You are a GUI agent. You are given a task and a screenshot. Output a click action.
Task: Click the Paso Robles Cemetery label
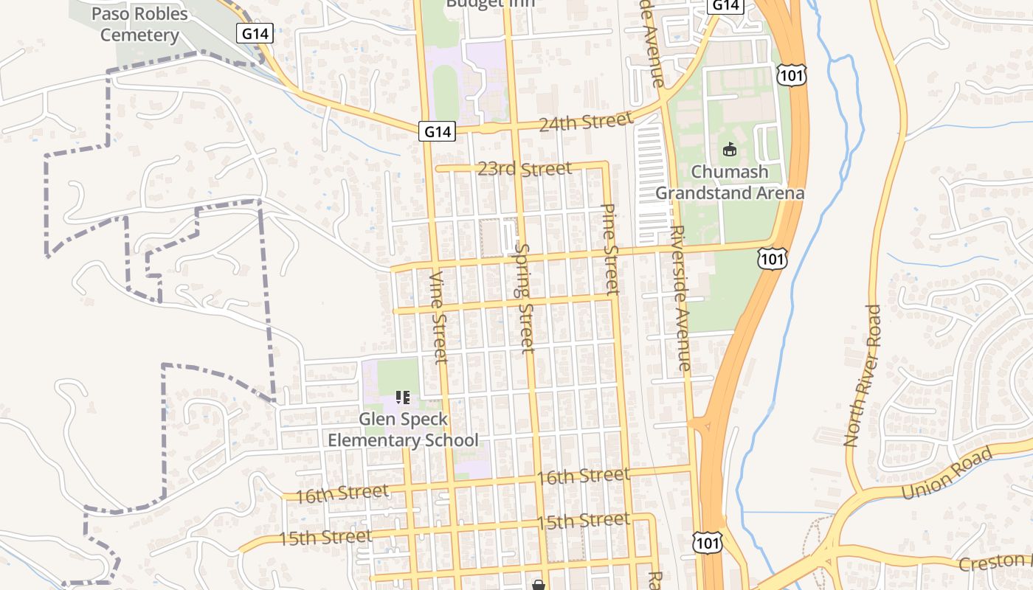[139, 24]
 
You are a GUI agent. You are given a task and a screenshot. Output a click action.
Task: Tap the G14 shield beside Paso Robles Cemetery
[255, 33]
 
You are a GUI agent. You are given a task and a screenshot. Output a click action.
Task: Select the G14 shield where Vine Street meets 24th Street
[438, 131]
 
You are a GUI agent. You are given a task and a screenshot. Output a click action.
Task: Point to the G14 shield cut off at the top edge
[725, 5]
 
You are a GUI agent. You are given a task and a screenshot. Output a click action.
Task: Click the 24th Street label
[585, 122]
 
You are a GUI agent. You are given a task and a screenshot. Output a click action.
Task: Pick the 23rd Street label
[524, 169]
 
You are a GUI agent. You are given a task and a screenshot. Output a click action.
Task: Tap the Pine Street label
[610, 249]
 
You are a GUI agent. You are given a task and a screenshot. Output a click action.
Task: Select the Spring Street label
[525, 298]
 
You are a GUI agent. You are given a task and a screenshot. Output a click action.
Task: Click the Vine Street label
[439, 317]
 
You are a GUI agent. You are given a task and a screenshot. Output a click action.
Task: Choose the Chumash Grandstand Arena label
[729, 182]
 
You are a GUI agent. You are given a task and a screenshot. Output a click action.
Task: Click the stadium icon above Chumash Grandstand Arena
[730, 150]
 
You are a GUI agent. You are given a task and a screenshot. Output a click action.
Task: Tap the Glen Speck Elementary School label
[403, 430]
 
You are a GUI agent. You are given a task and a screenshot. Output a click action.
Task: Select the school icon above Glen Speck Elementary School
[403, 398]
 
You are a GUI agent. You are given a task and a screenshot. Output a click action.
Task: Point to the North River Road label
[863, 375]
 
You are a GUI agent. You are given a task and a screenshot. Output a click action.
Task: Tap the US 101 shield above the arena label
[791, 74]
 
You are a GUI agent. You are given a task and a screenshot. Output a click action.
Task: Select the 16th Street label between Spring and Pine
[583, 476]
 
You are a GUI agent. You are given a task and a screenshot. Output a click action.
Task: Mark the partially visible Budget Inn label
[490, 4]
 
